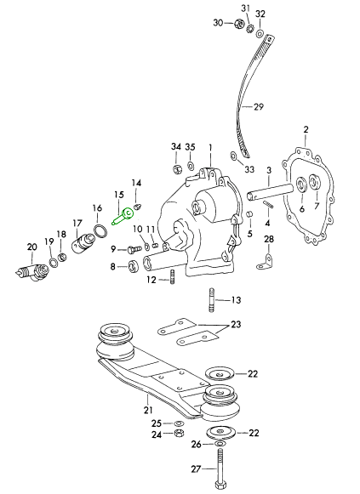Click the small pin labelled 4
point(266,206)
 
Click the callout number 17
point(77,224)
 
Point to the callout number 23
point(236,325)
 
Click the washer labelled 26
point(220,444)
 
